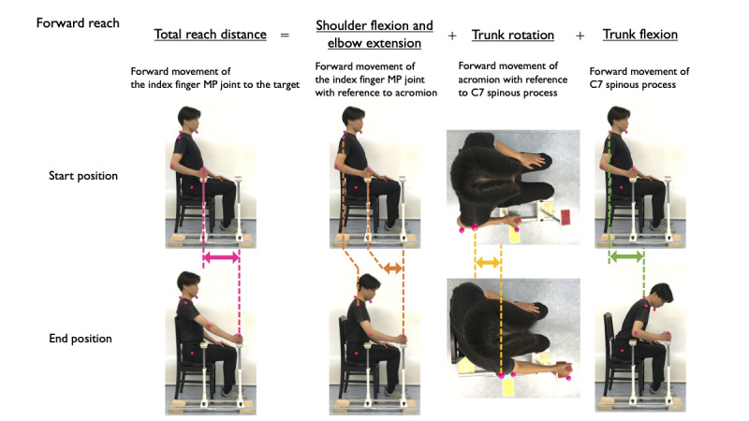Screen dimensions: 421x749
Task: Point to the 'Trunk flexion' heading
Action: pos(640,35)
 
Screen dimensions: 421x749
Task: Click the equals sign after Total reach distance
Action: pos(285,35)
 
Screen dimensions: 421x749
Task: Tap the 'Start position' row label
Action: pos(81,175)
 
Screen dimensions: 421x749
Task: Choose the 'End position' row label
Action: pos(81,339)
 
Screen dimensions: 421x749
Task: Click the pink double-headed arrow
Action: pos(222,255)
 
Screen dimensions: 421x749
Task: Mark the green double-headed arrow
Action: pos(625,255)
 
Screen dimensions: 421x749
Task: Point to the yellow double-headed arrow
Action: pos(488,265)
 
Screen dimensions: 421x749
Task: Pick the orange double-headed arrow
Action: pos(392,269)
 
